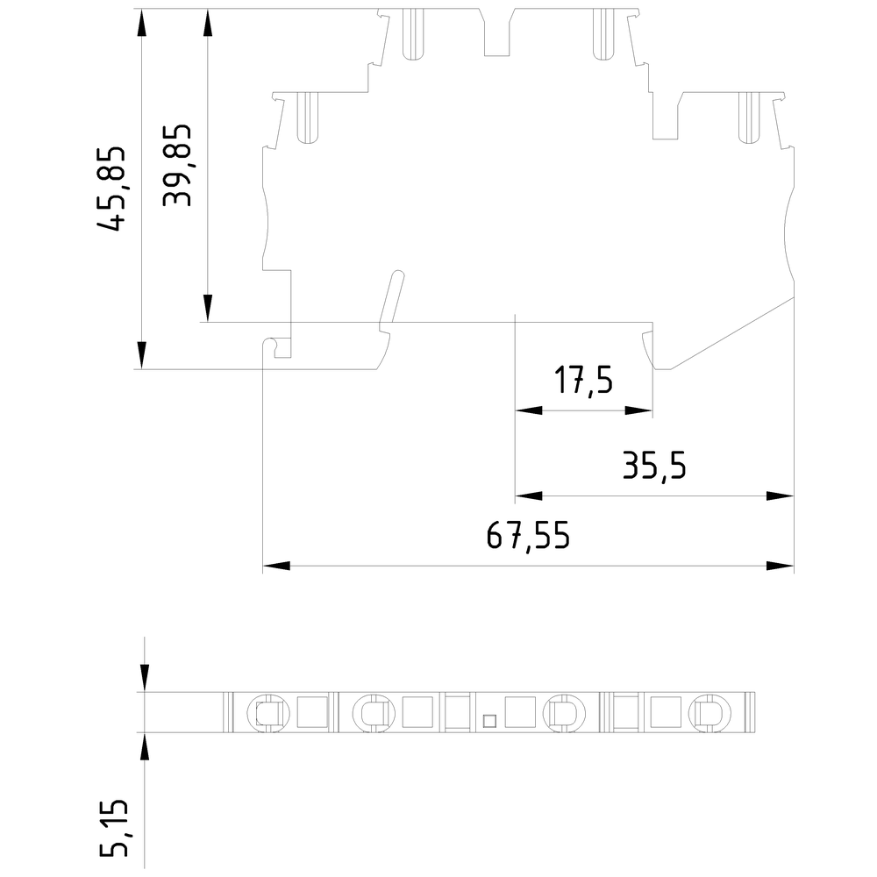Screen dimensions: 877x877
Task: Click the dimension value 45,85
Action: point(112,189)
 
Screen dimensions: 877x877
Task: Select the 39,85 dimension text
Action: point(179,165)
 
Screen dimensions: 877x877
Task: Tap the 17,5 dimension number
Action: point(583,382)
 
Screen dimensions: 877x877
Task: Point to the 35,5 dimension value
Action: point(653,467)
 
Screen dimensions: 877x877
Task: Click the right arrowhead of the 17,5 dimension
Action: point(640,410)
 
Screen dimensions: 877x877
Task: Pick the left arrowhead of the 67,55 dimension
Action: point(276,566)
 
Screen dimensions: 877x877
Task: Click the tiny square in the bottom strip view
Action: point(489,721)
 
